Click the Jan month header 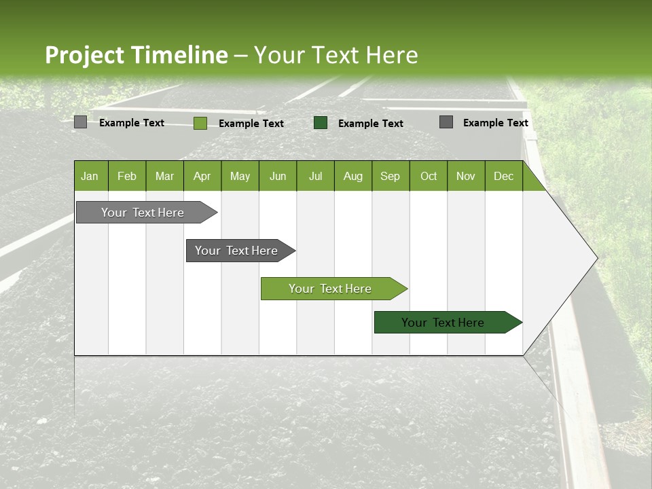click(90, 176)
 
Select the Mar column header click(164, 176)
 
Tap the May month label click(240, 176)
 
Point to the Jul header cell click(315, 176)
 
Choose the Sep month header click(390, 176)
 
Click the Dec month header click(503, 176)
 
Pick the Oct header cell click(429, 176)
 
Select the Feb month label click(127, 176)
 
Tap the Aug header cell click(352, 176)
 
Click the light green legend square click(200, 123)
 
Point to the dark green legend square click(321, 123)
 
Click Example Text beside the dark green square click(371, 124)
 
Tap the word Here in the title click(392, 55)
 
